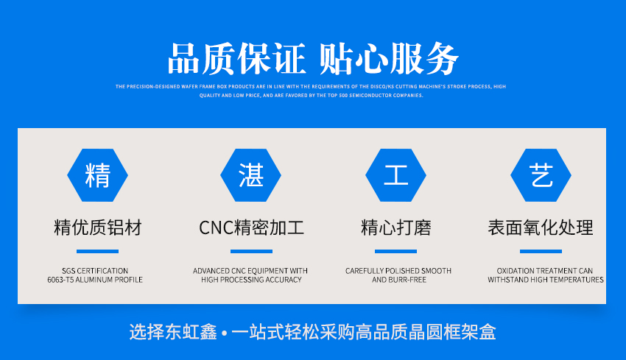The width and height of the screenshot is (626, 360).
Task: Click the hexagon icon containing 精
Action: pos(97,175)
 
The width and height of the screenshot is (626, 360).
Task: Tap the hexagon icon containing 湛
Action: pos(250,175)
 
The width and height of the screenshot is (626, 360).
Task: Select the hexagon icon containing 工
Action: pos(396,175)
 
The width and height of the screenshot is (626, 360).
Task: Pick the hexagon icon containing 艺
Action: pos(541,175)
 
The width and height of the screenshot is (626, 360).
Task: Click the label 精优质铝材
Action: pos(97,227)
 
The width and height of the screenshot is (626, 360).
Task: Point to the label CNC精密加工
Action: pos(251,227)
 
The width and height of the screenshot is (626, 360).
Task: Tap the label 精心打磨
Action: pos(396,227)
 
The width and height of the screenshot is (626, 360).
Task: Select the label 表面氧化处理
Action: pos(541,227)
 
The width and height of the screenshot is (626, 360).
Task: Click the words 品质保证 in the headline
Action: pos(236,59)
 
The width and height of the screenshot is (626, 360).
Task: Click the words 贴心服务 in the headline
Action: pos(390,59)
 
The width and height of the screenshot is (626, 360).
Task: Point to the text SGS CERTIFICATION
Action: pos(95,271)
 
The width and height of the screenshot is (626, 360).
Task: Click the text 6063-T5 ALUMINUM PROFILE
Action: pos(95,280)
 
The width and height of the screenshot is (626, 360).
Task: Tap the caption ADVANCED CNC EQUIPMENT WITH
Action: pos(250,271)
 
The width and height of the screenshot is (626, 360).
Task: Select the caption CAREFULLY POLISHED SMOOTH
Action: pos(398,271)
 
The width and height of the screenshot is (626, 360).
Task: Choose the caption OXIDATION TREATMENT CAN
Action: pos(545,271)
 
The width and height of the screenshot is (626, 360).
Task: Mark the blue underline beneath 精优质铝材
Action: pos(97,252)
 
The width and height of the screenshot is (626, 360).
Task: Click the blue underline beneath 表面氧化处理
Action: pos(541,252)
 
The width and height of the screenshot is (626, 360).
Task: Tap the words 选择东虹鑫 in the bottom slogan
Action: pos(174,332)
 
